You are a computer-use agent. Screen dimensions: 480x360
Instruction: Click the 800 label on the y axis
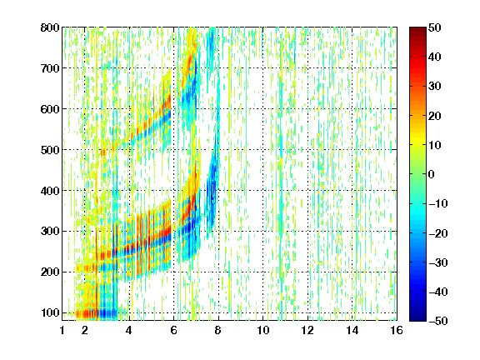tap(50, 27)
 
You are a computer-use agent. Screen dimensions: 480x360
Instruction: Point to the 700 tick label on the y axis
tap(50, 68)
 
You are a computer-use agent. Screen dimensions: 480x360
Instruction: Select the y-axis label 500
tap(50, 150)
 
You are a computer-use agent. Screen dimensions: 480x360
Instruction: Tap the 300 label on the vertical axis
tap(50, 231)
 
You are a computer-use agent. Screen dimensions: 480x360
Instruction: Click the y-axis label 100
tap(50, 312)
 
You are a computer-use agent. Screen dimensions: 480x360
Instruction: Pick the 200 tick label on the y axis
tap(50, 272)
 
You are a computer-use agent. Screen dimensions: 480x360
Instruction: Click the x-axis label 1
tap(62, 330)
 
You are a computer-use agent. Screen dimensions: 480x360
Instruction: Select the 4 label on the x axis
tap(129, 330)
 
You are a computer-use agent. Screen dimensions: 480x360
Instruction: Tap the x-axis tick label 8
tap(218, 330)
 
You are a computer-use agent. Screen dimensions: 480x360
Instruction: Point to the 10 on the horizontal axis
tap(262, 330)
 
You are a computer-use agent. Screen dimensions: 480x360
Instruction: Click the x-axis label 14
tap(352, 330)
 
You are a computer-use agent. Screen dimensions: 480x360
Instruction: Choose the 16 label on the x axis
tap(397, 330)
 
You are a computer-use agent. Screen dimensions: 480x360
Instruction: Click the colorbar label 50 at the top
tap(434, 27)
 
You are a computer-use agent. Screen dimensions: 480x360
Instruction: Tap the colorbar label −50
tap(438, 321)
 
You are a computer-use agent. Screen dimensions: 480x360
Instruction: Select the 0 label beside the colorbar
tap(432, 174)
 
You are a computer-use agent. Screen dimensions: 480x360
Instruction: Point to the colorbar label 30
tap(434, 87)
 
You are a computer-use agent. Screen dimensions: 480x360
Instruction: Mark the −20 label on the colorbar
tap(438, 233)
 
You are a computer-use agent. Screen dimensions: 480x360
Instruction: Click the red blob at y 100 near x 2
tap(87, 313)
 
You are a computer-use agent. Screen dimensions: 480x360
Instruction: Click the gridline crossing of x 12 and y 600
tap(307, 109)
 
